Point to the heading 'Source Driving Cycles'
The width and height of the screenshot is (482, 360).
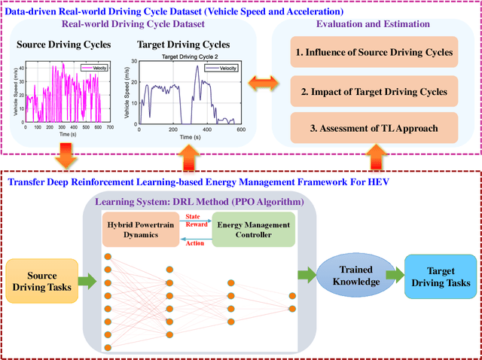point(63,45)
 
